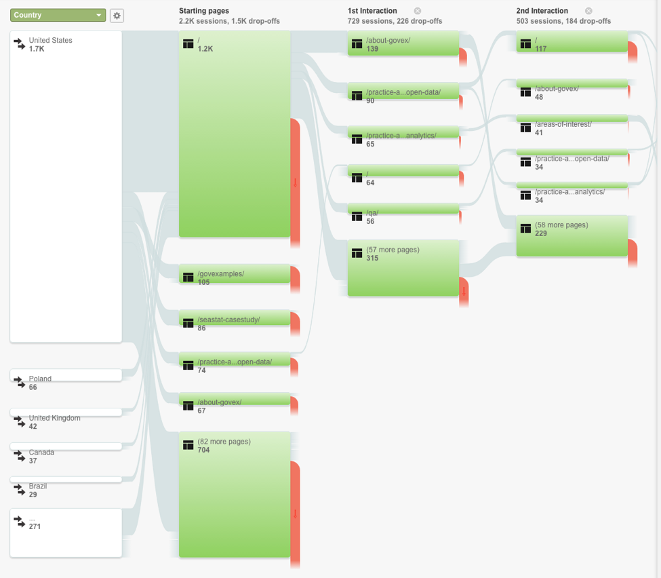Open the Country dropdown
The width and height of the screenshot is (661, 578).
(x=58, y=15)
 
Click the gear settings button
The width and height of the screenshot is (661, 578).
(x=117, y=15)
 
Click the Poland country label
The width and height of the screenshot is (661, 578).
(x=40, y=379)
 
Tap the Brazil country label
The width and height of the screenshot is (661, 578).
(x=38, y=486)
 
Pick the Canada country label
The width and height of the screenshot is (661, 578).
(x=41, y=452)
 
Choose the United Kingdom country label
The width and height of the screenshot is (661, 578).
(x=54, y=418)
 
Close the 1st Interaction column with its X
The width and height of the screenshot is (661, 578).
(x=418, y=11)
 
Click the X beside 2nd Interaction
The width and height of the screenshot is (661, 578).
(x=588, y=11)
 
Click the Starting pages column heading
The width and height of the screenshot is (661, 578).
(x=203, y=11)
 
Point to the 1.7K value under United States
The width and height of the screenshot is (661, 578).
(x=37, y=49)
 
